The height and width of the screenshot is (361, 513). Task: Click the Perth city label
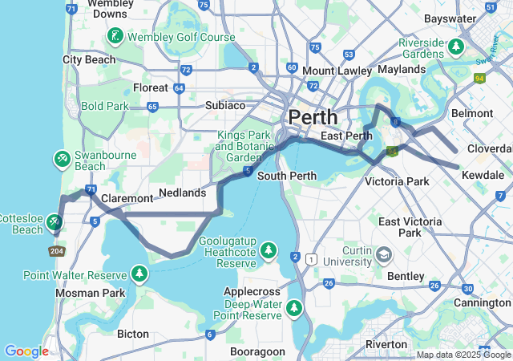click(313, 116)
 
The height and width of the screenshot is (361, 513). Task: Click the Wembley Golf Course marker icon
click(117, 37)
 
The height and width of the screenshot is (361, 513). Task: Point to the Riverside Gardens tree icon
click(456, 47)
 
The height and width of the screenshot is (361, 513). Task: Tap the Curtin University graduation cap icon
click(385, 255)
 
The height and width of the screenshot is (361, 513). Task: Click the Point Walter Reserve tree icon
click(140, 275)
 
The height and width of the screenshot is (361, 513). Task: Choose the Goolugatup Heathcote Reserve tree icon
click(269, 252)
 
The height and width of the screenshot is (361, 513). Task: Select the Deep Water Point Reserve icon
click(295, 308)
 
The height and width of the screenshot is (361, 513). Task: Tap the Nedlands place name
click(183, 193)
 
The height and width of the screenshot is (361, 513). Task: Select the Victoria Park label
click(396, 182)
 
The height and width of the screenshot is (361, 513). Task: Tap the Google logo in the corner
click(26, 351)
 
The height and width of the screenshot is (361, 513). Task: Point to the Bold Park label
click(104, 105)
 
